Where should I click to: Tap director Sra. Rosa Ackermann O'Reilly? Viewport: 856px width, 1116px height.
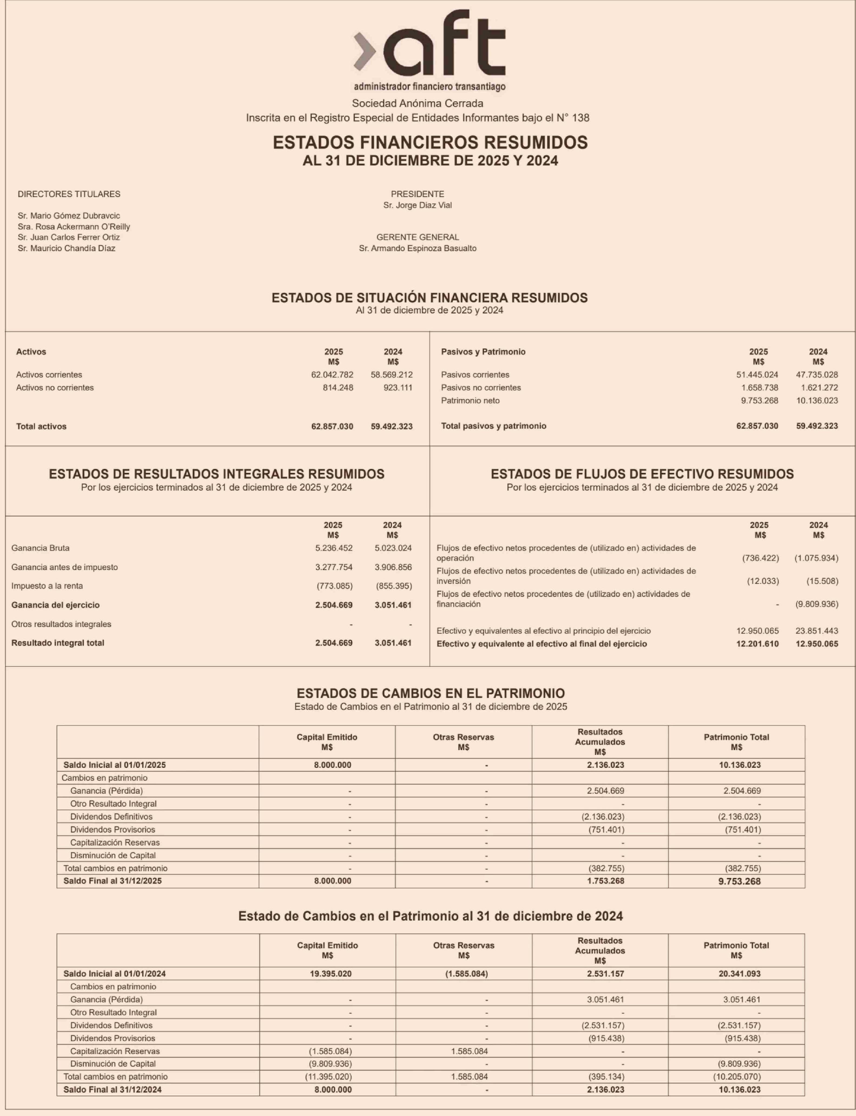tap(74, 227)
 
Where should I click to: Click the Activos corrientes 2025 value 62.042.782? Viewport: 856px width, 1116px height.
tap(332, 375)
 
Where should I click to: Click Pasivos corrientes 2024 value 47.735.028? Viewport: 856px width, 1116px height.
tap(817, 375)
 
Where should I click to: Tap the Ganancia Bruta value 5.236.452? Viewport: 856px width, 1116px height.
tap(334, 548)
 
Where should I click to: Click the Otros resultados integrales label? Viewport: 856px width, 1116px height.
tap(61, 624)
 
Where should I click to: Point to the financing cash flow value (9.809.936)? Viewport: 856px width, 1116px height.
tap(816, 604)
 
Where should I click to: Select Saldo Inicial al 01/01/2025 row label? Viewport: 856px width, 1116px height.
tap(115, 765)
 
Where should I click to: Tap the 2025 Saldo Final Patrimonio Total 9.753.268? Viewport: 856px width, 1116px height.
tap(739, 882)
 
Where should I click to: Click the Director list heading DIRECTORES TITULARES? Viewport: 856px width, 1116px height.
tap(69, 194)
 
